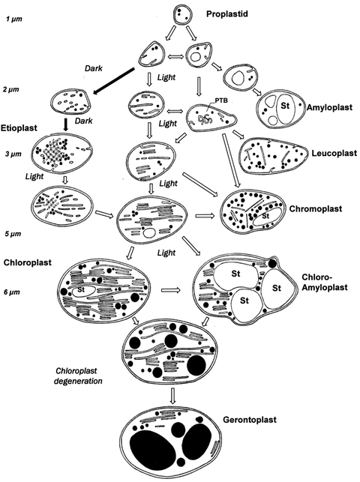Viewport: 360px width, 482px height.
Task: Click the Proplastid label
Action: point(239,13)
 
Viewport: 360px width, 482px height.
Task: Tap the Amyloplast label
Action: point(332,108)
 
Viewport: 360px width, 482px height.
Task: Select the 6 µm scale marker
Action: point(13,292)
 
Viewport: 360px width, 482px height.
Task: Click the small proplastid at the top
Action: point(183,13)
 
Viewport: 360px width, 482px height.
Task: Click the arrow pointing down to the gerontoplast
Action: point(174,396)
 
